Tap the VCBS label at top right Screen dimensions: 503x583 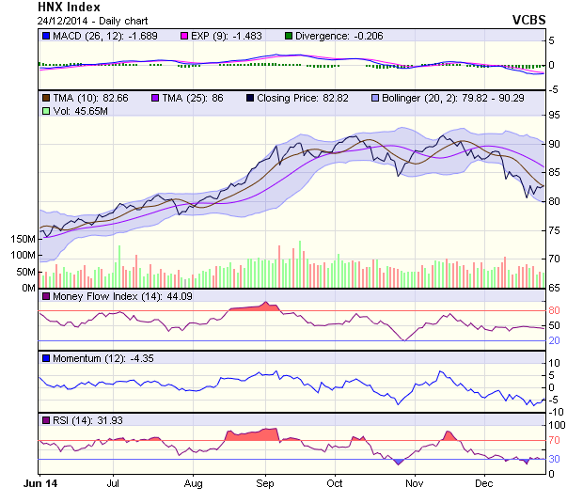pyautogui.click(x=528, y=19)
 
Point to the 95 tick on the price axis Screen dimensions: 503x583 pyautogui.click(x=556, y=115)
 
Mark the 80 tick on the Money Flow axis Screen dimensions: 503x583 pyautogui.click(x=556, y=310)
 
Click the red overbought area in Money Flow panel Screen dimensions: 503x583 pyautogui.click(x=254, y=307)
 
